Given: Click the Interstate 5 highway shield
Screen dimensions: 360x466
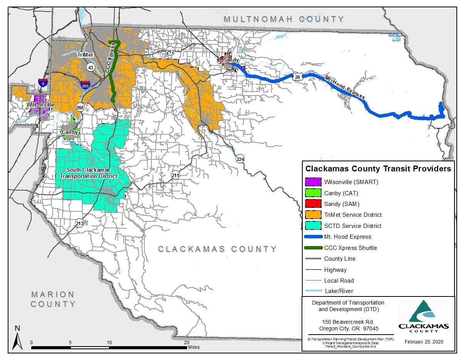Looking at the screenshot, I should coord(43,82).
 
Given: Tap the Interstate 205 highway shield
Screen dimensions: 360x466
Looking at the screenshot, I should coord(85,85).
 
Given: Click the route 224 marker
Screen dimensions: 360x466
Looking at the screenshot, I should coord(240,159).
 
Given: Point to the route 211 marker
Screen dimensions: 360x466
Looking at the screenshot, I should coord(176,175).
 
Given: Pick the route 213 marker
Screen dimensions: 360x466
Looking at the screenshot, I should coord(80,223).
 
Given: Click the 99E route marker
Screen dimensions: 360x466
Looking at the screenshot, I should coord(80,107).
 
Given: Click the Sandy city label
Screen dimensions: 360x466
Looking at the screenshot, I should coord(231,60).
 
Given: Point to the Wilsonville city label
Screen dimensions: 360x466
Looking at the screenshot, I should coord(40,105).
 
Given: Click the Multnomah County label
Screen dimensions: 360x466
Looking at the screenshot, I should coord(284,19).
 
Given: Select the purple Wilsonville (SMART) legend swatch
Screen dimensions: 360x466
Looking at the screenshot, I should coord(313,182).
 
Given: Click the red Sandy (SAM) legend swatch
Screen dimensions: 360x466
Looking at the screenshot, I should coord(313,204).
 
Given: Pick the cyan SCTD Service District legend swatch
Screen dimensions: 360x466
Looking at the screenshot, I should coord(313,226).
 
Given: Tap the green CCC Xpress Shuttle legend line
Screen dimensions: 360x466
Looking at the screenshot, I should coord(313,248).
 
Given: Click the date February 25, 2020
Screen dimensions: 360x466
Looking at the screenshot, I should coord(424,342).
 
